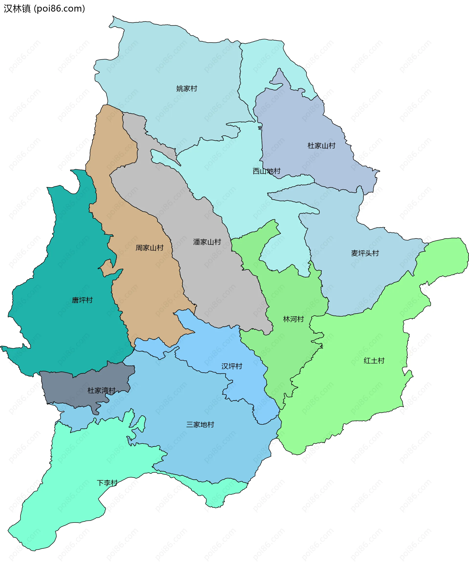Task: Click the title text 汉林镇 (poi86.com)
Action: (44, 9)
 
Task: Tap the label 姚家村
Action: (187, 89)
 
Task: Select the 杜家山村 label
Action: (321, 146)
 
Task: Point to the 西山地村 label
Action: (266, 171)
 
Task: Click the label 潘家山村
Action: (207, 242)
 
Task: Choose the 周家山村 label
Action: (149, 247)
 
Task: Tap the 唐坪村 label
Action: (82, 300)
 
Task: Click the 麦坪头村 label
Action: (365, 253)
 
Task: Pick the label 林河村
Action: (293, 319)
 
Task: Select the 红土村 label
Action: (374, 361)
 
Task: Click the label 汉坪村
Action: (232, 366)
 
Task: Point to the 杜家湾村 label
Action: (101, 391)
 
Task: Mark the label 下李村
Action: (107, 483)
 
